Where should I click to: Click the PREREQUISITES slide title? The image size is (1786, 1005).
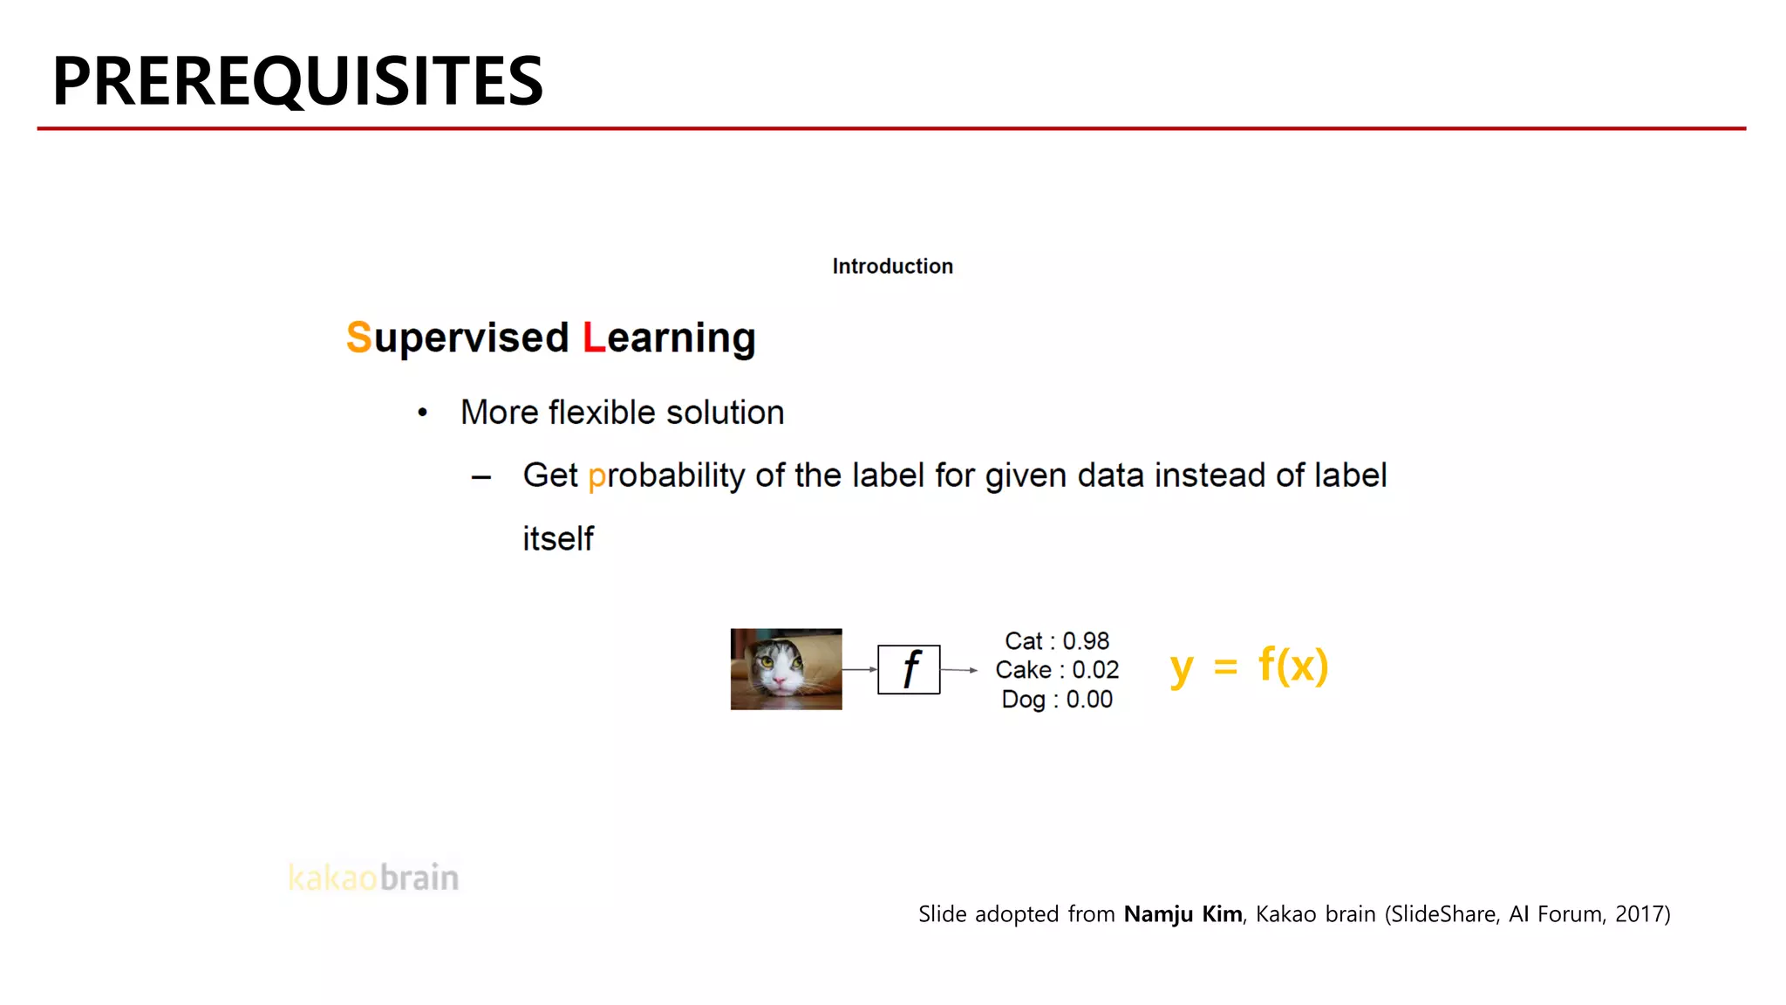tap(297, 81)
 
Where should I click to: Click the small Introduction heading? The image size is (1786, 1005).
tap(892, 266)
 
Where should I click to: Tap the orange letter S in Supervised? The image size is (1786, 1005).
tap(358, 338)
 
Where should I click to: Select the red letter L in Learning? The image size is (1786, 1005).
tap(593, 338)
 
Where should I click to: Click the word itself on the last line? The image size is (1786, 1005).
tap(558, 539)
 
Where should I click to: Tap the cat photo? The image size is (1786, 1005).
tap(786, 669)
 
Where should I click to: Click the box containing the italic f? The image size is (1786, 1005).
tap(909, 669)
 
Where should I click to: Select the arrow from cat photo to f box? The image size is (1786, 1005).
tap(860, 669)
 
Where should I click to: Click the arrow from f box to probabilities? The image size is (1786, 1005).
tap(959, 670)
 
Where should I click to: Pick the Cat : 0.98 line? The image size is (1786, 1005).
tap(1056, 641)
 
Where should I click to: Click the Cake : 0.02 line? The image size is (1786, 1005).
tap(1056, 670)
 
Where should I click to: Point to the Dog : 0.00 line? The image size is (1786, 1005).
tap(1056, 700)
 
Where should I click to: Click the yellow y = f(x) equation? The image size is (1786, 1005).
tap(1249, 667)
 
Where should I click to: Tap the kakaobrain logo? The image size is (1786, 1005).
tap(373, 878)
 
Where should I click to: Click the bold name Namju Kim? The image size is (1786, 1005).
tap(1183, 914)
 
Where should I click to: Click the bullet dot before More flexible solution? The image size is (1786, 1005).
tap(422, 413)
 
